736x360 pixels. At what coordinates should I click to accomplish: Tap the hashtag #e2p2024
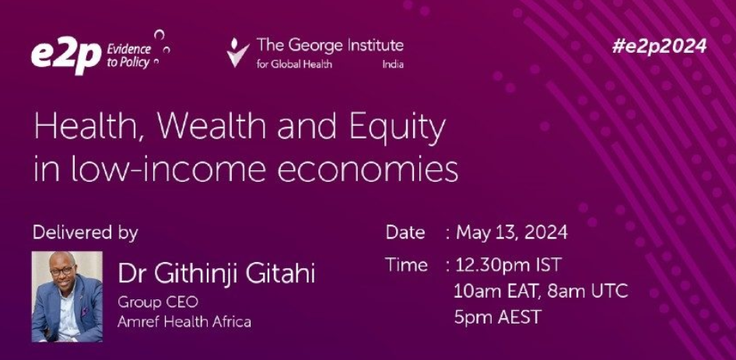pos(659,47)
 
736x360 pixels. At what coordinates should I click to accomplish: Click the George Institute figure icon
pos(237,53)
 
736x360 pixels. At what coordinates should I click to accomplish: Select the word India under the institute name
pos(392,65)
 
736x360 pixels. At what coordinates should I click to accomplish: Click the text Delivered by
pos(86,232)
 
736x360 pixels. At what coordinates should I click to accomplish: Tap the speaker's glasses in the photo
pos(62,271)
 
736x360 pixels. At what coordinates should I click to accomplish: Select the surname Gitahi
pos(277,274)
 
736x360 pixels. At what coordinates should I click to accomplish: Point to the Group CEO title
pos(158,302)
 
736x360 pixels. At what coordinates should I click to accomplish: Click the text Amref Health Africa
pos(184,322)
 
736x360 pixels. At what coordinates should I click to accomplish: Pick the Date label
pos(405,232)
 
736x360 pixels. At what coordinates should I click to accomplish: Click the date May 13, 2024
pos(512,233)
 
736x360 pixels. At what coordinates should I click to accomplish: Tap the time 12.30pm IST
pos(507,265)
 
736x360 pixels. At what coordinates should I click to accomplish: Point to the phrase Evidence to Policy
pos(128,56)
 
